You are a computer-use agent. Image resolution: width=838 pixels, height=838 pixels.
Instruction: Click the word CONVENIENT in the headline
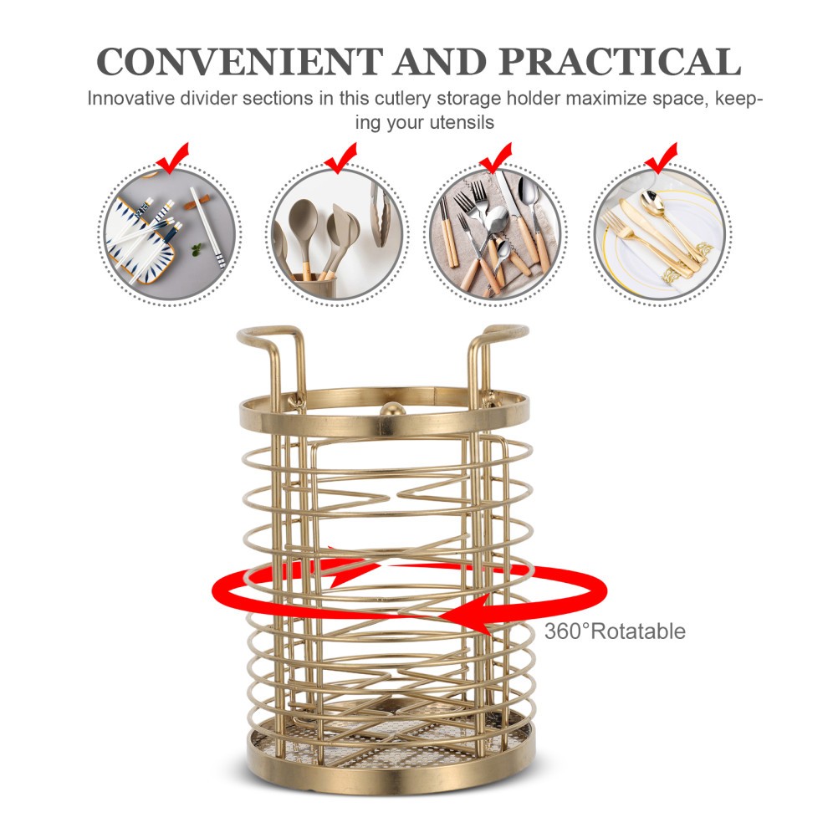click(240, 61)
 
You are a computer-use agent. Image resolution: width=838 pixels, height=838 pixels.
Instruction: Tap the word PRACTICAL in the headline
click(620, 61)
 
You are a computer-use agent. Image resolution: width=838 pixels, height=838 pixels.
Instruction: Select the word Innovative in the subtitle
click(131, 99)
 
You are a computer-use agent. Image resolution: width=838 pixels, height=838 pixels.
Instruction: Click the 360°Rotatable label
click(615, 631)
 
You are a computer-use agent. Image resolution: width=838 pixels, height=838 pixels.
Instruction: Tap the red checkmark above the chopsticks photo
click(172, 159)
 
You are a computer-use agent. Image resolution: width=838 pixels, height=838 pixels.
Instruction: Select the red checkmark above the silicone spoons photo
click(340, 159)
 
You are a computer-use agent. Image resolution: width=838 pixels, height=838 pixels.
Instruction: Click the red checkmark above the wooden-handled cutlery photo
click(495, 159)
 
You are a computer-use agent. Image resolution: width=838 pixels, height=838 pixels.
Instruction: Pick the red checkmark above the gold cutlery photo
click(661, 159)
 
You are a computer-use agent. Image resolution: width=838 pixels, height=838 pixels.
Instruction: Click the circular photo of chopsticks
click(170, 234)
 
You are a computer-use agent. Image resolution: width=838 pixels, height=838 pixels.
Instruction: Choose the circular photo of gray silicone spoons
click(338, 234)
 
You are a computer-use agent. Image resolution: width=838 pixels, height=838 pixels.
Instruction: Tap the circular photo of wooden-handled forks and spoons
click(495, 234)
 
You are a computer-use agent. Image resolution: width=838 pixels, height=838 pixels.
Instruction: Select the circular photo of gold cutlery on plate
click(661, 234)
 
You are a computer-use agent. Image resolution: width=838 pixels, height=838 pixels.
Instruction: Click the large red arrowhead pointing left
click(465, 615)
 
